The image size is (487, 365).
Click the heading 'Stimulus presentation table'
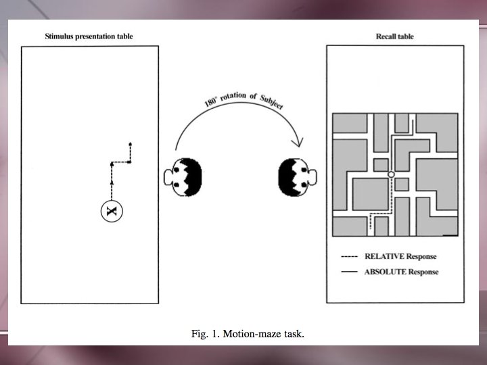(x=89, y=36)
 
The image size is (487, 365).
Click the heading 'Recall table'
(x=395, y=36)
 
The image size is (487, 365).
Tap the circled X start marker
(x=112, y=212)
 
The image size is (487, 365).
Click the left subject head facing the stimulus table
(x=185, y=178)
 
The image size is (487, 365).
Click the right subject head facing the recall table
(x=297, y=178)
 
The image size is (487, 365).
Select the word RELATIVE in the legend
(x=383, y=257)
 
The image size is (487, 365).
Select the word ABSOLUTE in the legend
(x=384, y=272)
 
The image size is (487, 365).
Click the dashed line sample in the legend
(x=350, y=257)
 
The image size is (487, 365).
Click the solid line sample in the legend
(x=350, y=272)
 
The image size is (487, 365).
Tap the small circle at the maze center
(x=391, y=175)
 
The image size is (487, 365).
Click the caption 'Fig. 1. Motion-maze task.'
(x=243, y=333)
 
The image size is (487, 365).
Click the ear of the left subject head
(x=168, y=178)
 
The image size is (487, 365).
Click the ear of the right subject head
(x=314, y=178)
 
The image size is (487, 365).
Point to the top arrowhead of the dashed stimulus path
(x=130, y=145)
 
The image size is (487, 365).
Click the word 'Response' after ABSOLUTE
(x=421, y=272)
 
